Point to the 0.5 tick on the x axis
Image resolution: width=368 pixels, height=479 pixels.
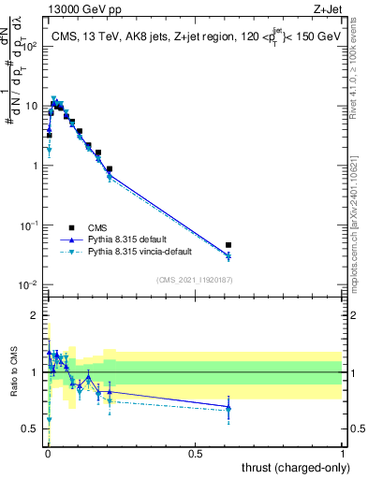point(195,453)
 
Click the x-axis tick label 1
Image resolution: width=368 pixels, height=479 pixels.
point(343,453)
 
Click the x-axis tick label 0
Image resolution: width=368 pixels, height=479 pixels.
point(48,453)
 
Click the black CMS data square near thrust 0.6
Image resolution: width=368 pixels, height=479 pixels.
point(228,245)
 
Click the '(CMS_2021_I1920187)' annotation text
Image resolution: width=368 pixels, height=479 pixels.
point(195,279)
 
